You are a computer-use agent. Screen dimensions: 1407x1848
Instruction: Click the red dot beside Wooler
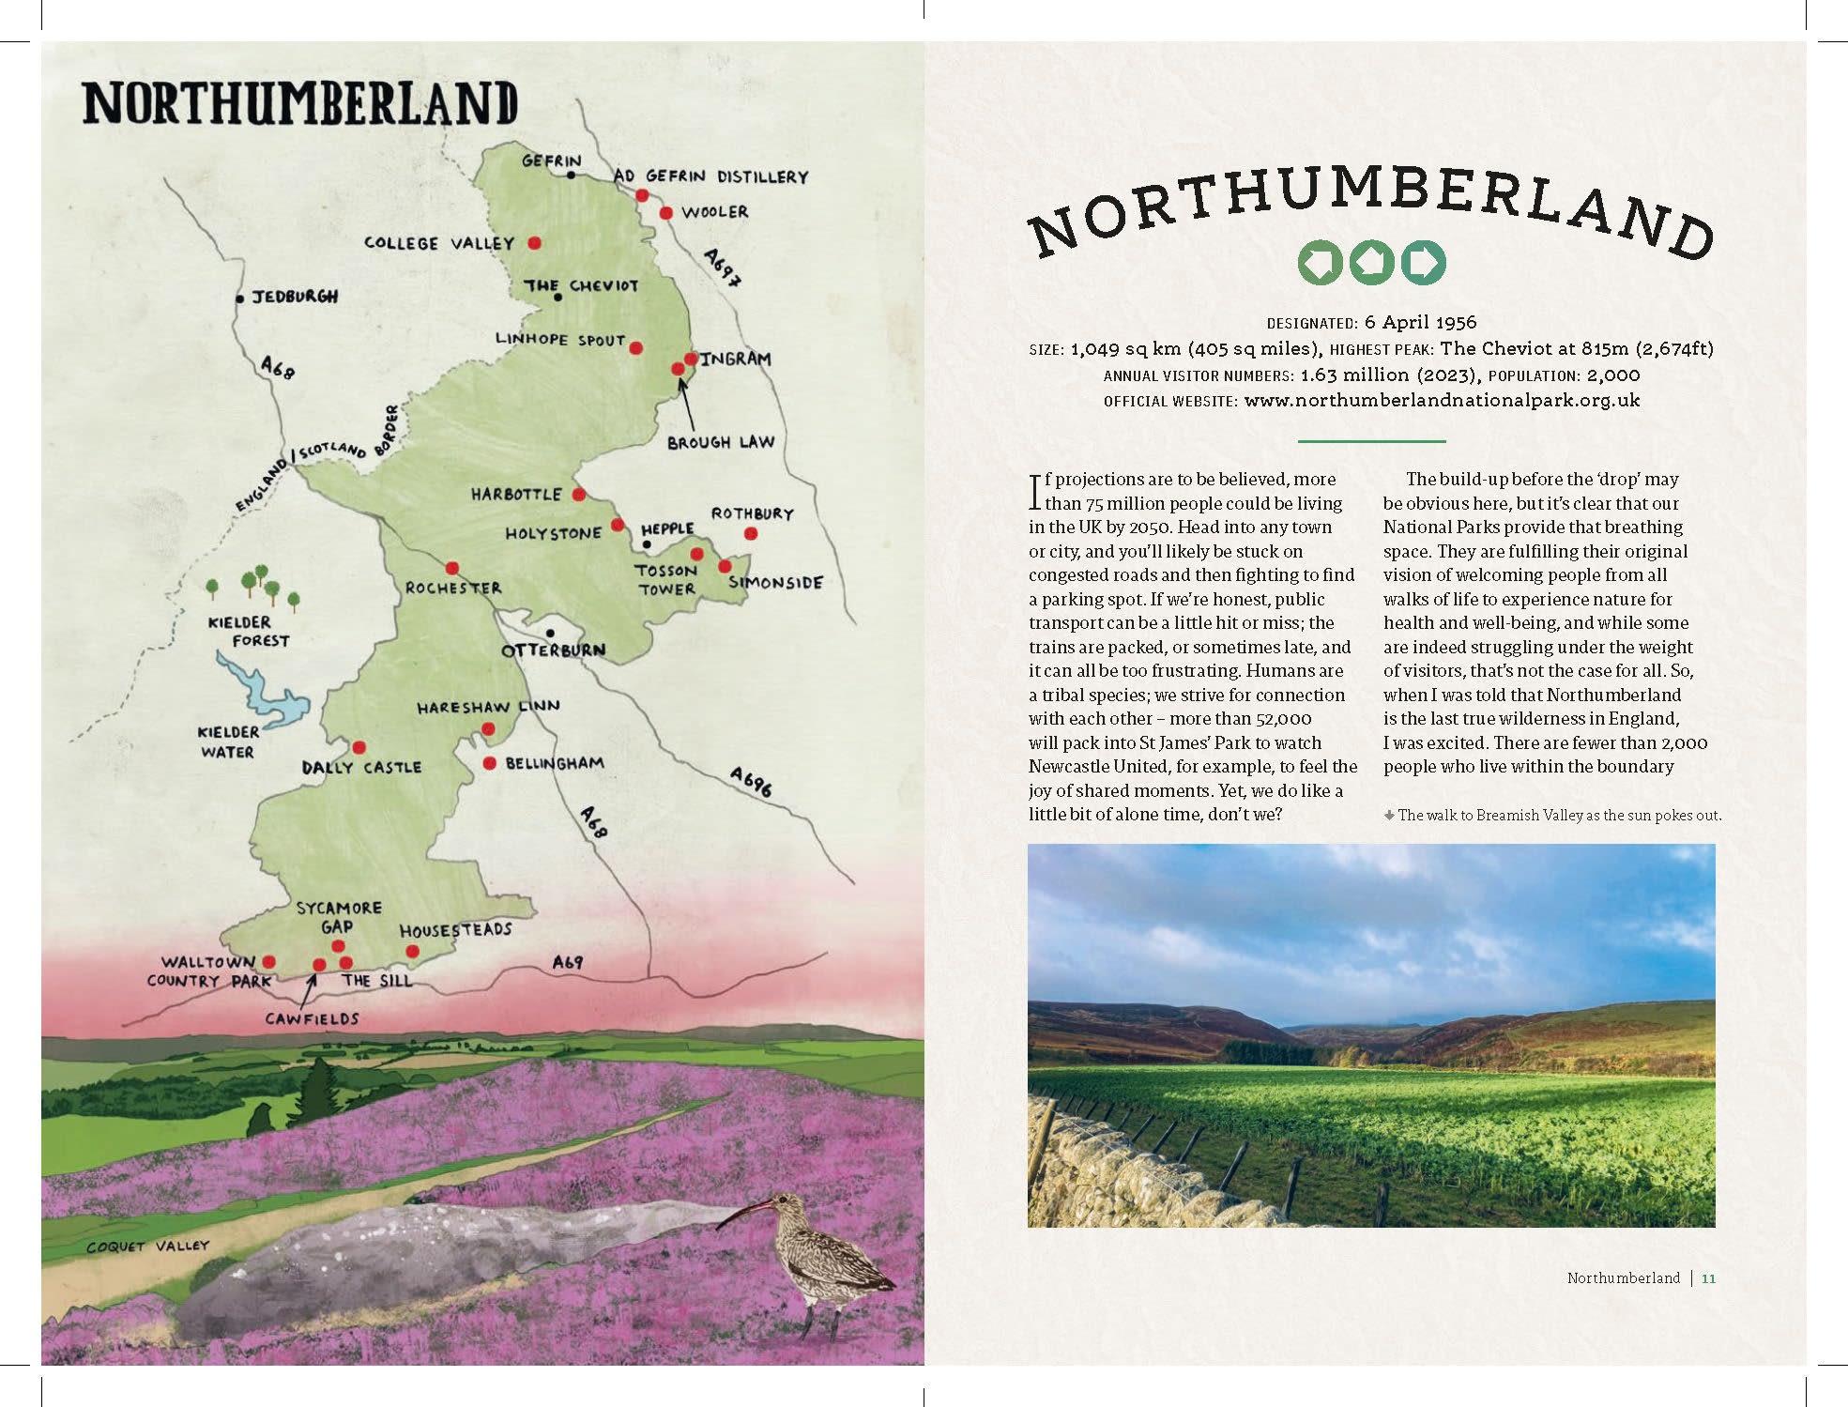[x=665, y=213]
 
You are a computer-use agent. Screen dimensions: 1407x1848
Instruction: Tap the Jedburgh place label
[x=294, y=297]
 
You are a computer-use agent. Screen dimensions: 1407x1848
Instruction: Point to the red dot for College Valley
[x=534, y=243]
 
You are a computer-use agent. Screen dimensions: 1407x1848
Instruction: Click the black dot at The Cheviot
[x=558, y=298]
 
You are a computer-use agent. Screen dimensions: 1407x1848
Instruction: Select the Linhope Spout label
[x=559, y=340]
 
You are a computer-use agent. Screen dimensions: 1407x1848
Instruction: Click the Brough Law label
[x=720, y=442]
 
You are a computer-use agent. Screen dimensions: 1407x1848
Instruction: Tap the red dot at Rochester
[x=452, y=568]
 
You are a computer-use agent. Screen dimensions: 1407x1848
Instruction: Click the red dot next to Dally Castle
[x=359, y=748]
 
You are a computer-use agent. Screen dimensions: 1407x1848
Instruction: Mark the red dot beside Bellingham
[x=489, y=764]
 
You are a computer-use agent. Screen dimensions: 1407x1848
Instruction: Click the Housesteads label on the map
[x=455, y=930]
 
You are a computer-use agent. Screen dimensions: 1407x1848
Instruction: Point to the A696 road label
[x=751, y=781]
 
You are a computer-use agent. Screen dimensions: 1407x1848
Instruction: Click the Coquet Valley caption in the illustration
[x=147, y=1246]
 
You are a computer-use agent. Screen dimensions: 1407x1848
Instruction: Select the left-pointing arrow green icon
[x=1320, y=263]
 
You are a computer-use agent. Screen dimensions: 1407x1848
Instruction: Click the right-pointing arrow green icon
[x=1423, y=263]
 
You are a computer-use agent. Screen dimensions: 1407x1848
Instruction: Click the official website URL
[x=1442, y=401]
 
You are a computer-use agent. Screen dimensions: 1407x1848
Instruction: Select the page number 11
[x=1708, y=1278]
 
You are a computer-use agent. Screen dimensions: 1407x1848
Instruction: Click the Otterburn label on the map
[x=553, y=650]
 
